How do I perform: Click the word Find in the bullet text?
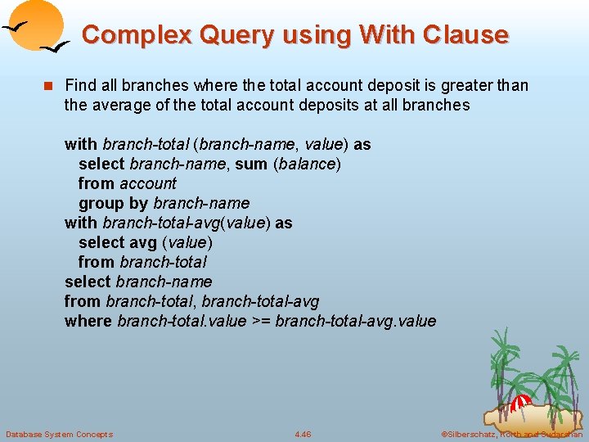(80, 85)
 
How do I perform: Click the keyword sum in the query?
(252, 164)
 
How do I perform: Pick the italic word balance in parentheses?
(307, 164)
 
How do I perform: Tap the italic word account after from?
(148, 183)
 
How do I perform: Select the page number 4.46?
(303, 434)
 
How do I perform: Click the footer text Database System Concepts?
(59, 434)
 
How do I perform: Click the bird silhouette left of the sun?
(18, 27)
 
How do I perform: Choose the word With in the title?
(387, 34)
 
